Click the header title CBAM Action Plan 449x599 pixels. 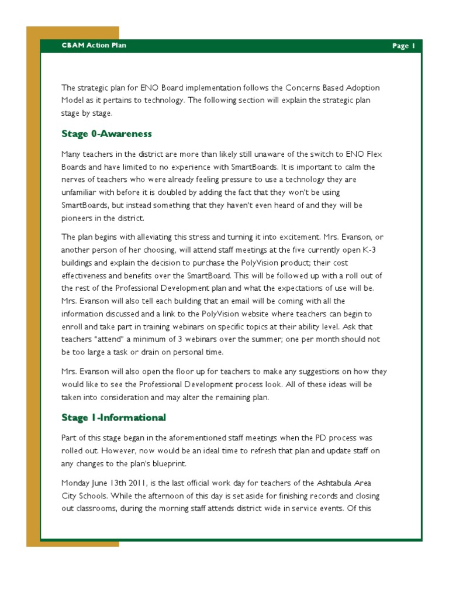(94, 46)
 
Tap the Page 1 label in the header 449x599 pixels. (403, 46)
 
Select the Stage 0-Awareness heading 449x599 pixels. (106, 134)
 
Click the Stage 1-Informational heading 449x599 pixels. (113, 418)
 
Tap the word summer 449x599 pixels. (271, 340)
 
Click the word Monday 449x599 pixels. (77, 483)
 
